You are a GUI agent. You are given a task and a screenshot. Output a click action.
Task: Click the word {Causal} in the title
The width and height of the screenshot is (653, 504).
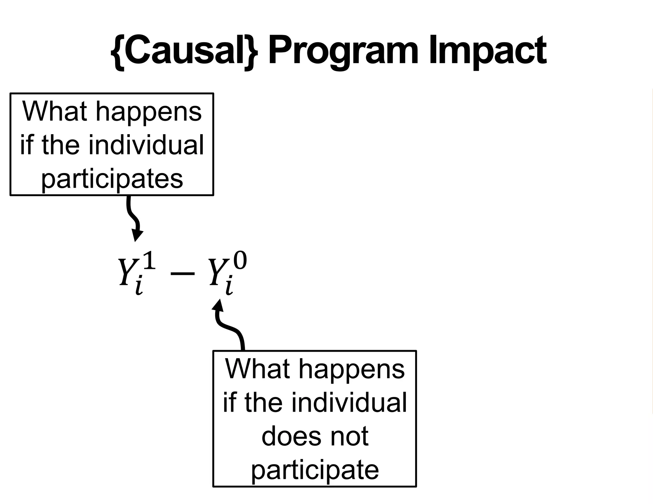184,51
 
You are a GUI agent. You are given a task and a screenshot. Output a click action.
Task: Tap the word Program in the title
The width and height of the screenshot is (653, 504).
343,51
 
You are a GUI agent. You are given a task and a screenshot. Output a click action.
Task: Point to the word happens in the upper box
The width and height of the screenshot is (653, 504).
149,112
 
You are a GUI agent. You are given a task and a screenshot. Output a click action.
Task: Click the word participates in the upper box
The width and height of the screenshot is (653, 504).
112,178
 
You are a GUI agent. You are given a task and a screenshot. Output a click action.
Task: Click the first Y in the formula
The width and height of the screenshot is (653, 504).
126,271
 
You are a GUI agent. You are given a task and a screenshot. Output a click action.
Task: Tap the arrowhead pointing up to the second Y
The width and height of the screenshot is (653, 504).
218,305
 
